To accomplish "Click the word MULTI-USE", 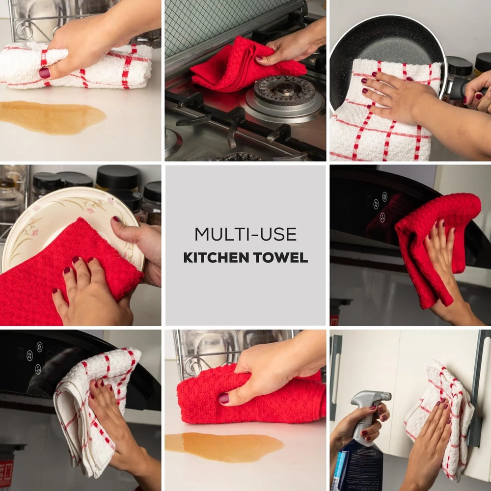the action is click(245, 234).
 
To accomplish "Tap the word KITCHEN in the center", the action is click(216, 257).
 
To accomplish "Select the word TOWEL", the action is click(280, 257).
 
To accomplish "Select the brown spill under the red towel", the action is click(224, 447).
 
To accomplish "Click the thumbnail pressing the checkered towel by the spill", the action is click(44, 73).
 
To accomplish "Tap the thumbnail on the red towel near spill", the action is click(224, 398).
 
